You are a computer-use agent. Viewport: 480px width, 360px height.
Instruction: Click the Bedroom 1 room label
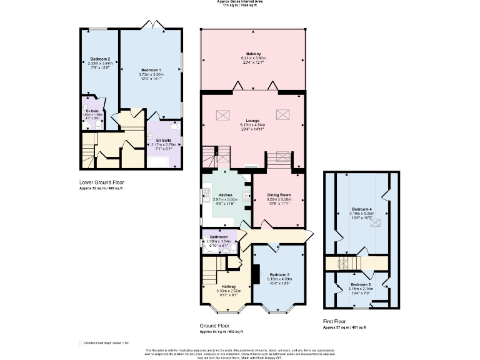click(x=151, y=69)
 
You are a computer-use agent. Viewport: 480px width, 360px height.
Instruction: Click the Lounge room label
click(x=252, y=119)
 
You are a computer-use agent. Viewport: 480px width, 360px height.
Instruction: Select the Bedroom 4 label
click(x=362, y=208)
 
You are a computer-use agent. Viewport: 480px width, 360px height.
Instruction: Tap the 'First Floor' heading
click(x=336, y=321)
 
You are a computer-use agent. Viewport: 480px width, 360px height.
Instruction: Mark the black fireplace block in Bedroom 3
click(x=257, y=274)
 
